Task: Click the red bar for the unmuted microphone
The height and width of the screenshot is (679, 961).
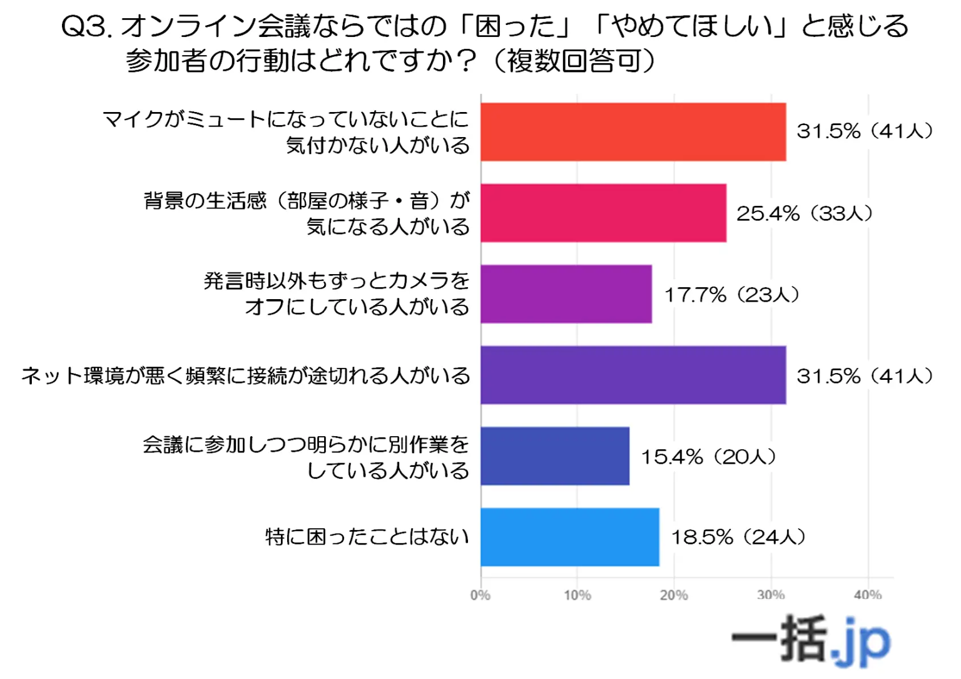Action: (633, 132)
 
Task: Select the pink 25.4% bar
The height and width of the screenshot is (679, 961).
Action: (603, 213)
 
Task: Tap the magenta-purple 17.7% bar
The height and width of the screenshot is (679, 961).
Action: (566, 294)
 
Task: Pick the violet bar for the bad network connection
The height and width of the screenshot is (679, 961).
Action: (633, 375)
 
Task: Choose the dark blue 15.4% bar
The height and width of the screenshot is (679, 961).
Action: (555, 456)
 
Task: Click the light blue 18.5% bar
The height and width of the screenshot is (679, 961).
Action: (570, 537)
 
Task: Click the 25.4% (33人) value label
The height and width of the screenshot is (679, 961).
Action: (805, 213)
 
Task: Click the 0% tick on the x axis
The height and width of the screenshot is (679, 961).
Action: (480, 595)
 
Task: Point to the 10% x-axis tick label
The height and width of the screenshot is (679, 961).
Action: (577, 595)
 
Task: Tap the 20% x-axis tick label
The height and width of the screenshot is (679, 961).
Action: (674, 595)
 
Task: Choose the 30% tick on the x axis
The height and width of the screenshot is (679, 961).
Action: (771, 595)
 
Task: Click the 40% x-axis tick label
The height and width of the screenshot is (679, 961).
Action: (868, 595)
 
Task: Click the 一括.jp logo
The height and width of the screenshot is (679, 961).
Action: (811, 640)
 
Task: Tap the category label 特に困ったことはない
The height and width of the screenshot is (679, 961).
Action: (367, 537)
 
